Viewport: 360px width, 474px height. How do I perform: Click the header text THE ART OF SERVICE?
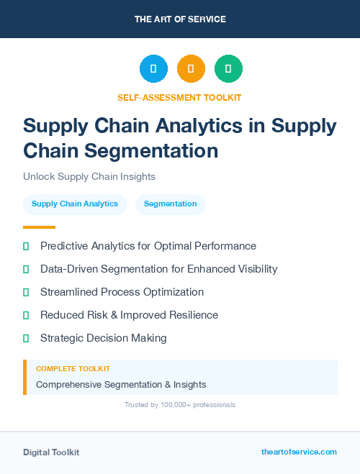pos(180,19)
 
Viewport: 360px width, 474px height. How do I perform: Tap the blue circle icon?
pos(153,69)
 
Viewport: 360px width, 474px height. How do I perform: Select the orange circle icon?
pos(191,69)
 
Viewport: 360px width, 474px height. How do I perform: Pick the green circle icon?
pos(228,69)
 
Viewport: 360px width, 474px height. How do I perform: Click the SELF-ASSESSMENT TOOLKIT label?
pos(179,97)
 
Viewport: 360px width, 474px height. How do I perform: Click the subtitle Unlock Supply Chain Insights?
pos(89,176)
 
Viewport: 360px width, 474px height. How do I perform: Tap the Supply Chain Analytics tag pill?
pos(75,204)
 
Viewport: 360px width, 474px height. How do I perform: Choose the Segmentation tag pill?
pos(170,204)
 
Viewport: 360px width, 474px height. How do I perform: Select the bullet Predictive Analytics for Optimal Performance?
pos(148,246)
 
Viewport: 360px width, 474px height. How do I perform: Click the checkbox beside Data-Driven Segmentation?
pos(26,269)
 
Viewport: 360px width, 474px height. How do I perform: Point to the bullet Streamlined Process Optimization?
pos(122,292)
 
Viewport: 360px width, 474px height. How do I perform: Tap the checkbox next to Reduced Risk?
pos(26,315)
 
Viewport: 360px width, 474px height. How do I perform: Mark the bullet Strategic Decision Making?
pos(103,338)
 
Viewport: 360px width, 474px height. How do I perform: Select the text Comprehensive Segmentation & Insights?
pos(121,384)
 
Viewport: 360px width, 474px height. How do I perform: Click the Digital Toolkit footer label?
pos(51,452)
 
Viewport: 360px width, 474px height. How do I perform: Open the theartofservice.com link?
pos(299,452)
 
